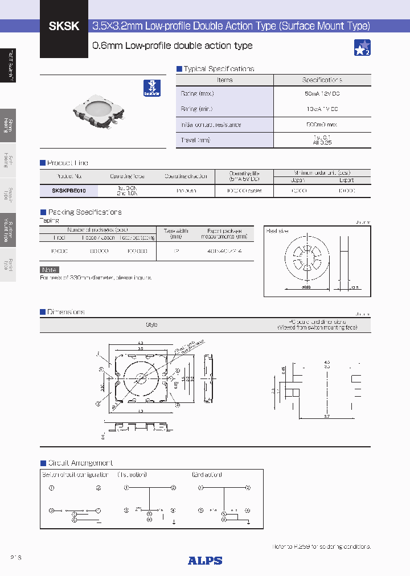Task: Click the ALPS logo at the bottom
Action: click(205, 560)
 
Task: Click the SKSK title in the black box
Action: click(64, 26)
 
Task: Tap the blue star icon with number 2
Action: click(362, 48)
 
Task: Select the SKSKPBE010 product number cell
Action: click(69, 191)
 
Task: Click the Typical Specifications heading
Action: click(219, 69)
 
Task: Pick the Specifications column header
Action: click(322, 80)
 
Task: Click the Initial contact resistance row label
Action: click(211, 125)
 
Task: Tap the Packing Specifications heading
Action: click(84, 212)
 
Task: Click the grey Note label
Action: click(50, 270)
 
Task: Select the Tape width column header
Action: click(177, 233)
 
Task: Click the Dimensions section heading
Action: click(65, 312)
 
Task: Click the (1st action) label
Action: click(132, 475)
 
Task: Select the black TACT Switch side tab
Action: click(8, 65)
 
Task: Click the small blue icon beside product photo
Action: click(151, 87)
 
